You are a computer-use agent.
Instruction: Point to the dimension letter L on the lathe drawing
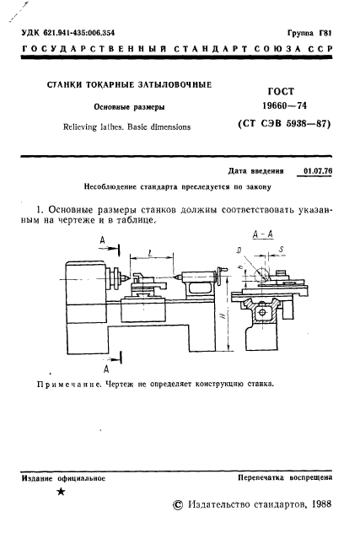pos(148,251)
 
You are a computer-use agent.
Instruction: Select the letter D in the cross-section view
pos(240,250)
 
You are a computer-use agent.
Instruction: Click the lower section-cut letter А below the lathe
pos(106,369)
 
